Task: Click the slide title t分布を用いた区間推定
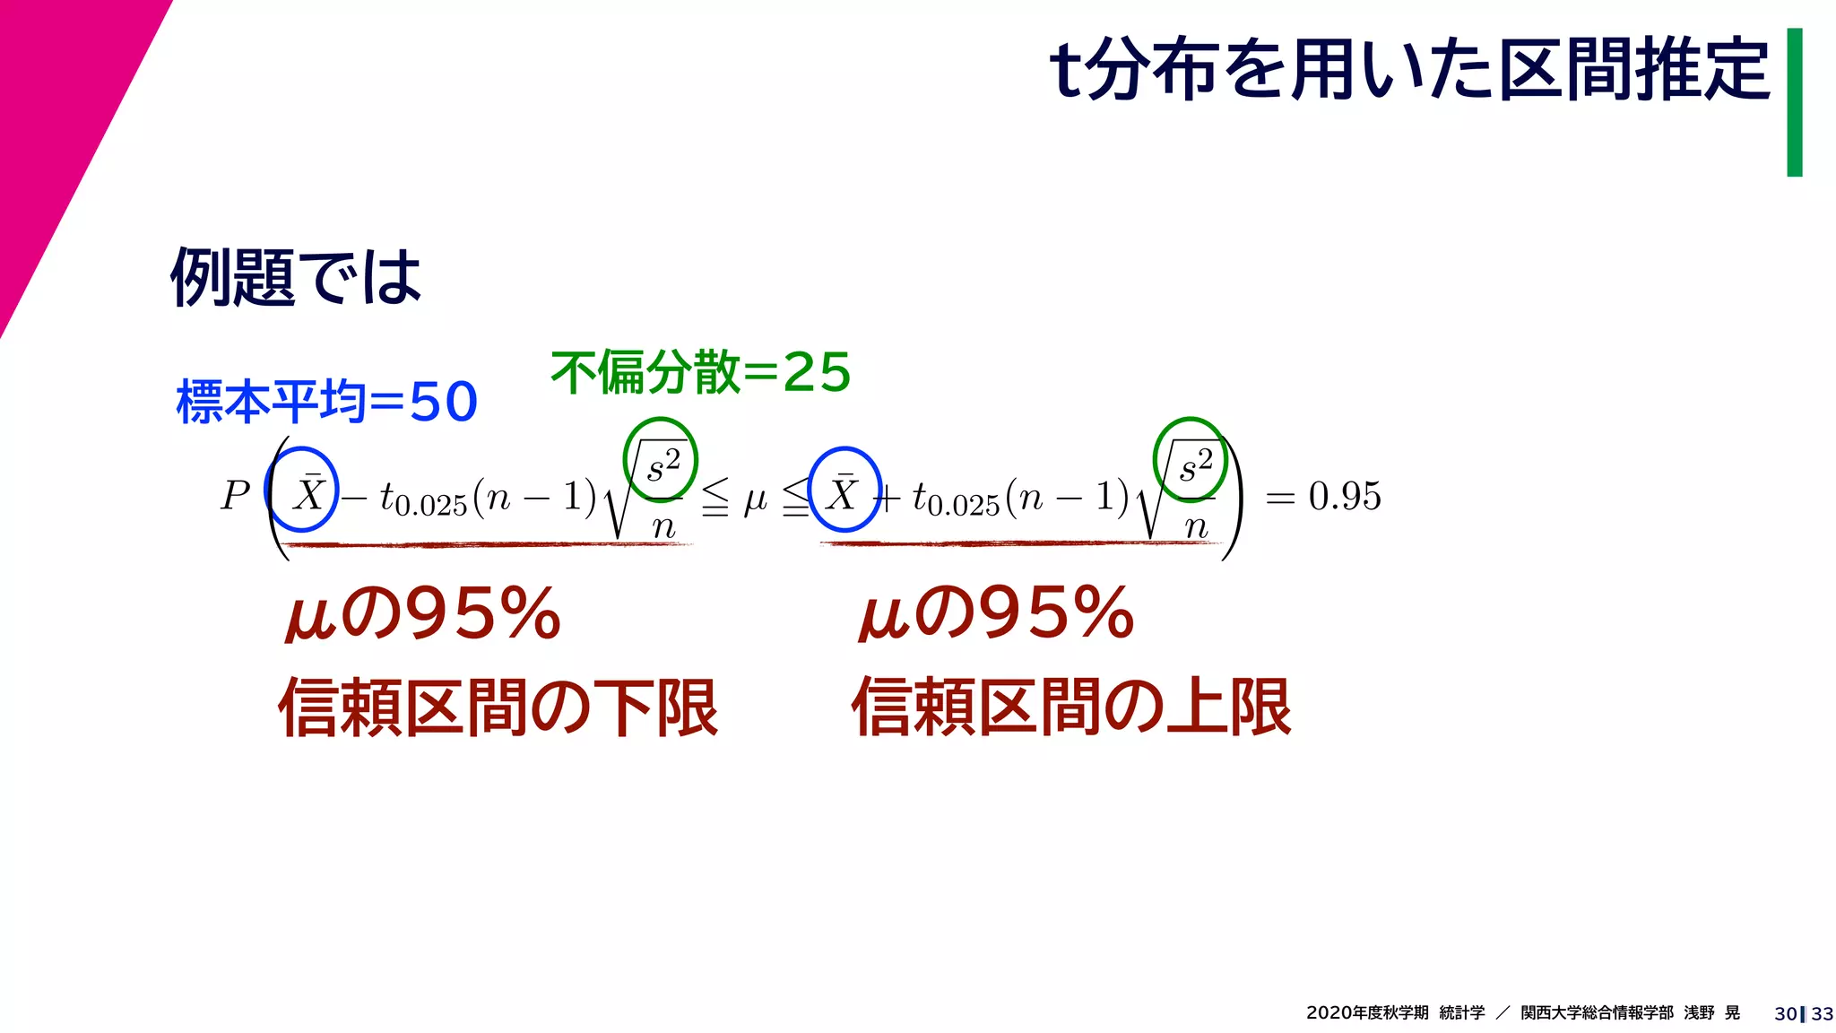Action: pos(1409,69)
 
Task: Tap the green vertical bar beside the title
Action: pos(1794,102)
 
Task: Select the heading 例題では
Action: pos(296,277)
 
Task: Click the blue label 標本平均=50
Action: pos(327,401)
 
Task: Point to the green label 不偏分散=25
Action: pos(700,372)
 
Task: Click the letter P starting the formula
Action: pos(235,496)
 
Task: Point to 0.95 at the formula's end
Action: pos(1345,496)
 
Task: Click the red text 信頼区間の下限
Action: pos(498,707)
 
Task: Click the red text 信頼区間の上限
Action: pos(1071,707)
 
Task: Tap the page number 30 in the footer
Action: pos(1785,1013)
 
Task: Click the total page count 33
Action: pos(1823,1013)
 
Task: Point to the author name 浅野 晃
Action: pos(1711,1012)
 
